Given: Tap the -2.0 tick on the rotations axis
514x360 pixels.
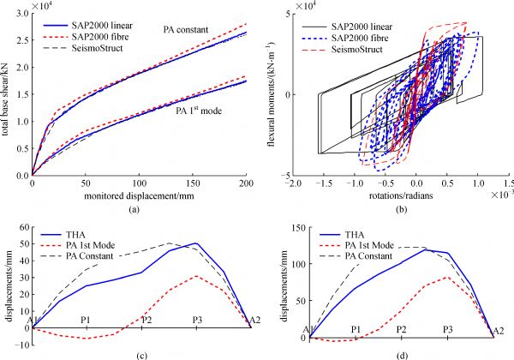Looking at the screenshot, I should [x=295, y=184].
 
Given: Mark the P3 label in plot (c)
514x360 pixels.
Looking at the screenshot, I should [x=198, y=320].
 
